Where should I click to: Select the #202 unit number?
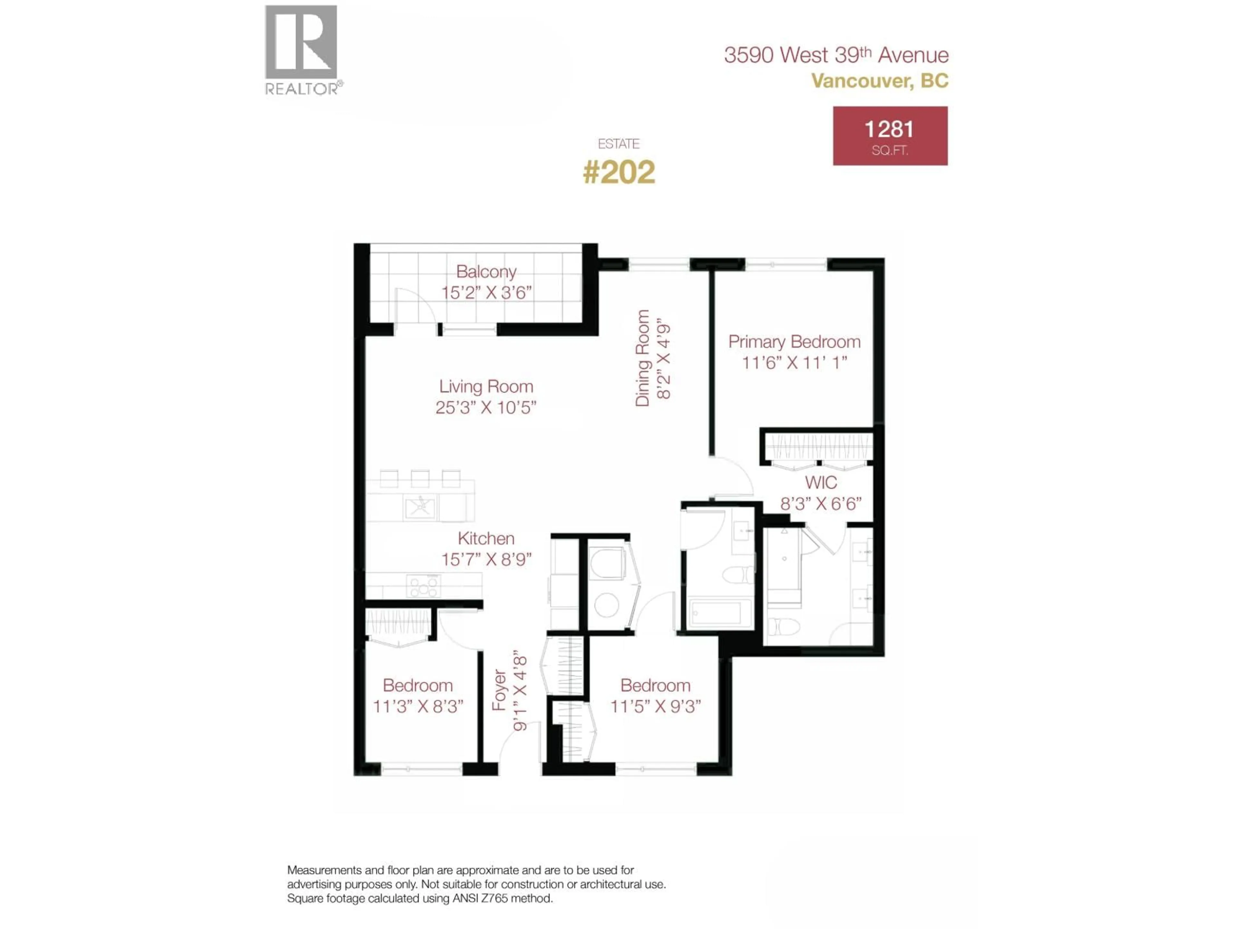[618, 172]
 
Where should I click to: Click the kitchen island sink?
[420, 507]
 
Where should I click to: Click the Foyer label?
[499, 690]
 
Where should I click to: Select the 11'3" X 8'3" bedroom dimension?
[418, 707]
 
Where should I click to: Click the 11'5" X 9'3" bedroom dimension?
[655, 707]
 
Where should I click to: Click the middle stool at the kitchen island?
[420, 479]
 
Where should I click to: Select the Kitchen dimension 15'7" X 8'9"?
[486, 559]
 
